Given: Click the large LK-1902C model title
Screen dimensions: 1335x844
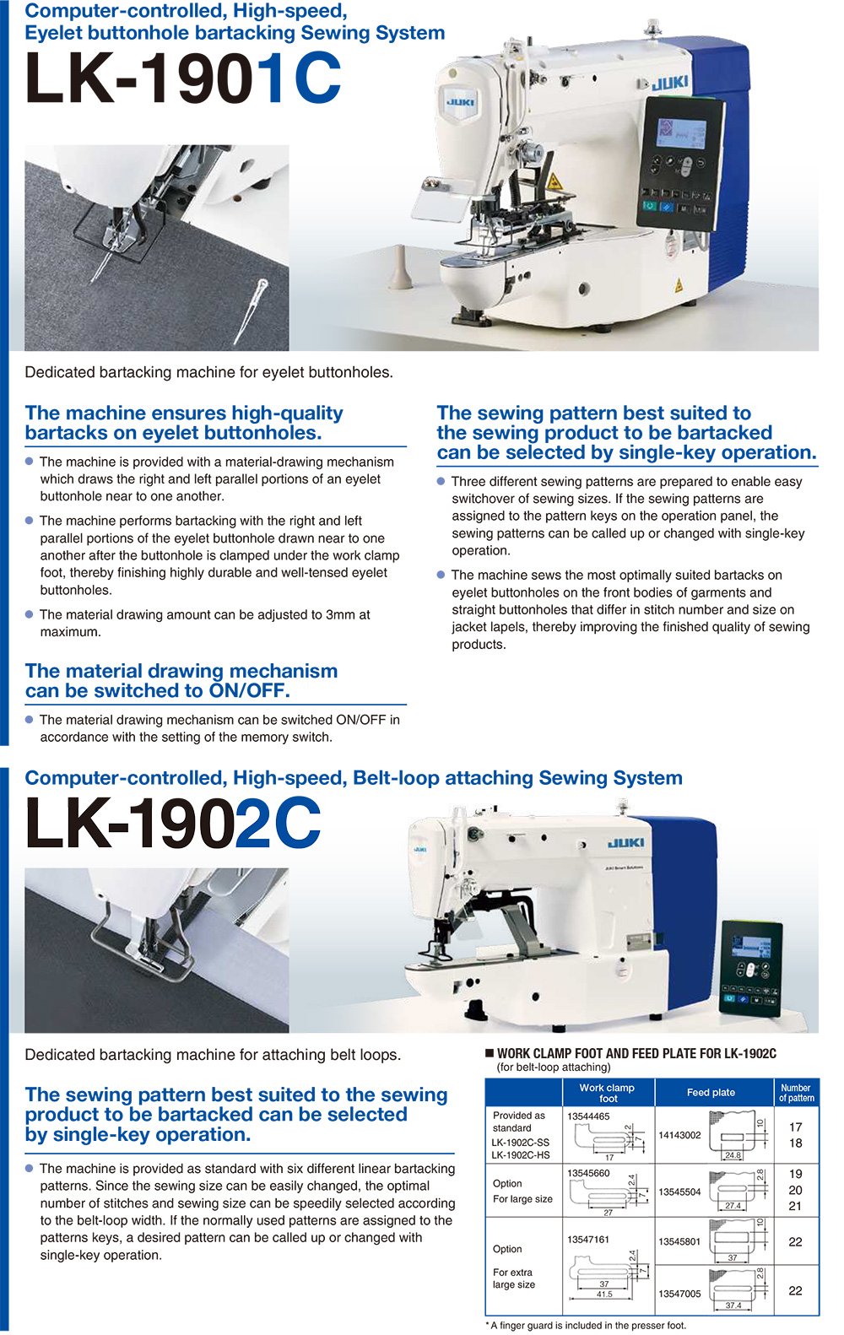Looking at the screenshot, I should pos(173,823).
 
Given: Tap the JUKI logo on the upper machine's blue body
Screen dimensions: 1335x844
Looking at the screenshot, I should pos(668,83).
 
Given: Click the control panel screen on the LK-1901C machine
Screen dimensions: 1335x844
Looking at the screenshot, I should pos(682,133).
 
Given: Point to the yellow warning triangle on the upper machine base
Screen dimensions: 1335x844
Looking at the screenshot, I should pos(676,285).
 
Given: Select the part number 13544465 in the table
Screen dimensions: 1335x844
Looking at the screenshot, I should pos(588,1116).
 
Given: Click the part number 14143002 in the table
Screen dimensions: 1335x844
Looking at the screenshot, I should pos(679,1135).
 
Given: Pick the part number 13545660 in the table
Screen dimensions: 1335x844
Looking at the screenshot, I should pos(588,1173).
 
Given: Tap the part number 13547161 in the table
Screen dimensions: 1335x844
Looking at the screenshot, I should pos(588,1239).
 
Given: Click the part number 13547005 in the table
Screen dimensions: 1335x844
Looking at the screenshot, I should pos(679,1294).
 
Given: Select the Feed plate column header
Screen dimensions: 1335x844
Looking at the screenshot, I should pos(711,1092).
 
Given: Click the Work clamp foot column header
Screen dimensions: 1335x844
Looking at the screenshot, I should pos(607,1093).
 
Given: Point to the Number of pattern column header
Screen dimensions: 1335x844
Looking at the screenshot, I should pos(796,1093).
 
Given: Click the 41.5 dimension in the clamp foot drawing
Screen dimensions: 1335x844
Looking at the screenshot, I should pos(604,1294).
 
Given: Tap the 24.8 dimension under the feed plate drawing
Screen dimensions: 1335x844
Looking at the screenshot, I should pos(732,1155).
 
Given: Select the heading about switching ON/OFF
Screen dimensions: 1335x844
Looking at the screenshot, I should pos(181,681).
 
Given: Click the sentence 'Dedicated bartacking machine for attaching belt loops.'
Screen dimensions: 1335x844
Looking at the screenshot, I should pos(213,1055).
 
